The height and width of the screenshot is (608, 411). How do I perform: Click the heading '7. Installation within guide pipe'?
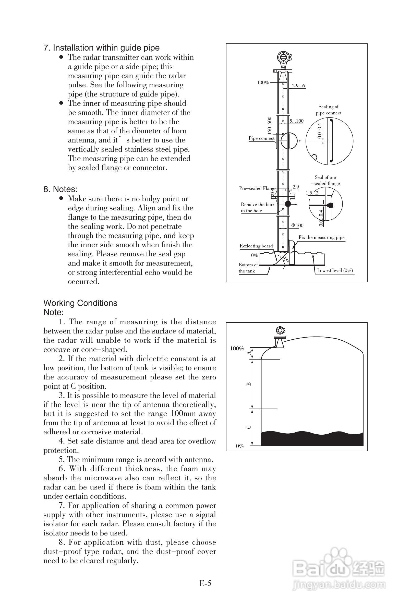click(x=101, y=48)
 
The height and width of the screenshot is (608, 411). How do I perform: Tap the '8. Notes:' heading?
click(x=60, y=189)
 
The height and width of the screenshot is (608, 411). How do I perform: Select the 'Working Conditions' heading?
click(x=80, y=303)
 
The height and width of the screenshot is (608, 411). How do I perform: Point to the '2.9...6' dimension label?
click(x=298, y=86)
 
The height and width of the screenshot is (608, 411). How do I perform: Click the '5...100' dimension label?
click(x=296, y=121)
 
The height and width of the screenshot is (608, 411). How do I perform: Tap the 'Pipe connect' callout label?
click(x=261, y=138)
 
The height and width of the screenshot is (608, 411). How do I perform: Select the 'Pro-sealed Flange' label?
click(x=257, y=188)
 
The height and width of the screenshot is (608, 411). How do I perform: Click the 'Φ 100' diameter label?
click(x=297, y=225)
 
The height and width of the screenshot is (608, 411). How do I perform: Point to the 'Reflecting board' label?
click(x=256, y=246)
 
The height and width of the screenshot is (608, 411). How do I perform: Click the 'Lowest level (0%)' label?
click(x=335, y=270)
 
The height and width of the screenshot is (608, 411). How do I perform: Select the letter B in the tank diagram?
click(x=249, y=384)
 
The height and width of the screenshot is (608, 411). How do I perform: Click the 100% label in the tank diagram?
click(x=237, y=349)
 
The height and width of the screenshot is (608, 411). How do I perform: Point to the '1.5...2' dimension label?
click(x=312, y=193)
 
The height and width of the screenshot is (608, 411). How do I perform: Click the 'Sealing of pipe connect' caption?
click(x=328, y=110)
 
